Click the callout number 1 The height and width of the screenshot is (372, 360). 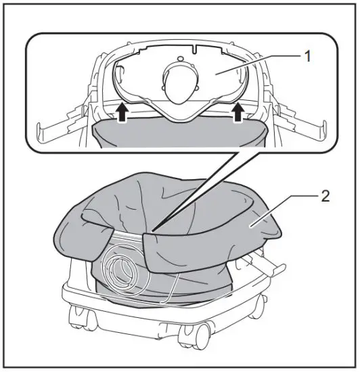point(309,56)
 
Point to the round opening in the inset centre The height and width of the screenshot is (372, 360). point(179,85)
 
